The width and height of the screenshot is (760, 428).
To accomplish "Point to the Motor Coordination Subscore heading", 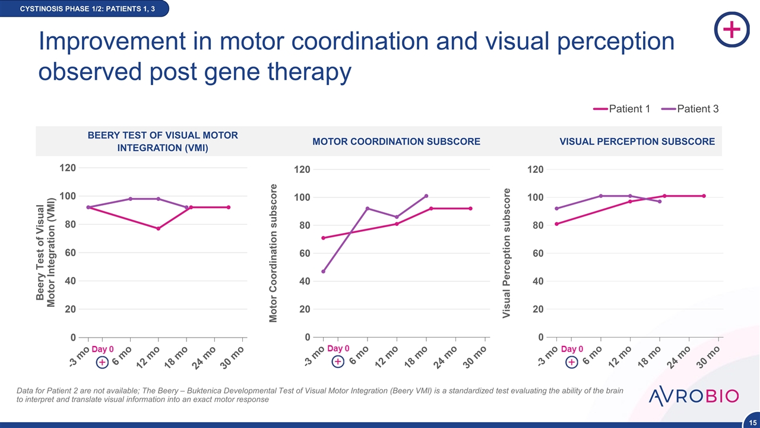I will [396, 141].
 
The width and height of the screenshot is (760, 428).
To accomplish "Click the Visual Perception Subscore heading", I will [637, 141].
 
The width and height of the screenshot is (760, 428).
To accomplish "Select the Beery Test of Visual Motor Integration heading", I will [163, 141].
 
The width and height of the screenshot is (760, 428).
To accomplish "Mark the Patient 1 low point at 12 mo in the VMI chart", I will [159, 228].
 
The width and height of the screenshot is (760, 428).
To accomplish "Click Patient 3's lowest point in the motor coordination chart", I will [324, 271].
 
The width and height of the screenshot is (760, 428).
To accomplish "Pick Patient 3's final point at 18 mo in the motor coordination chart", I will [426, 196].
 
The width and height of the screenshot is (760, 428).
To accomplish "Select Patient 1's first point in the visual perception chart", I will [556, 224].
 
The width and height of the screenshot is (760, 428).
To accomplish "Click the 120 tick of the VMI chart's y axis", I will [68, 168].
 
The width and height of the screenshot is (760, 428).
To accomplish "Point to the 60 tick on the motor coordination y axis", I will [304, 253].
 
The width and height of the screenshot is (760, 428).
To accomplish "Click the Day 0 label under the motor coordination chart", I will [338, 348].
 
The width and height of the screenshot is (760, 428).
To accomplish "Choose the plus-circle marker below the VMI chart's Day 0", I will [102, 362].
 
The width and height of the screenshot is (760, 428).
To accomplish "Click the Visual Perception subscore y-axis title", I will [506, 253].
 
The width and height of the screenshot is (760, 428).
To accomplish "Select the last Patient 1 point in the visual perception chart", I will [704, 196].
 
